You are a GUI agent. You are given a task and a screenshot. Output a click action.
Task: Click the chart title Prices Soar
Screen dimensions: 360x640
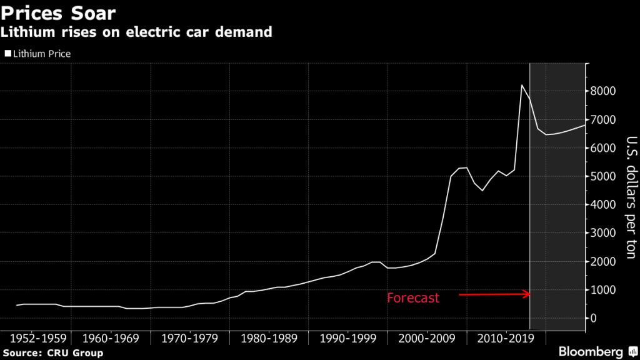point(58,12)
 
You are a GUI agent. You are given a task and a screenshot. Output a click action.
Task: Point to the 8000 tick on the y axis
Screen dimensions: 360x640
point(604,91)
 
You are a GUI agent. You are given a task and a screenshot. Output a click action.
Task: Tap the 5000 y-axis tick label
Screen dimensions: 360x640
point(604,176)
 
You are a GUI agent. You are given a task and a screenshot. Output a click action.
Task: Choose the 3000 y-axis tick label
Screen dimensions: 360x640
point(604,233)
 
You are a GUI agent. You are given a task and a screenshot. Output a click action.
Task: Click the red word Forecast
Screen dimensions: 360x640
point(413,298)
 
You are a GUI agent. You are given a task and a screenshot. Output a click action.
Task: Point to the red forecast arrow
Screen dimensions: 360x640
point(494,294)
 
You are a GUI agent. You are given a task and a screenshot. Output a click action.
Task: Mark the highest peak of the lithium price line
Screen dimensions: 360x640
point(522,85)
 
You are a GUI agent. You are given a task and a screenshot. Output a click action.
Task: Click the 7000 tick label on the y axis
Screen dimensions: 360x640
point(604,119)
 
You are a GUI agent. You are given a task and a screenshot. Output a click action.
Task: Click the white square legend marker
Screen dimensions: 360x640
point(7,54)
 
